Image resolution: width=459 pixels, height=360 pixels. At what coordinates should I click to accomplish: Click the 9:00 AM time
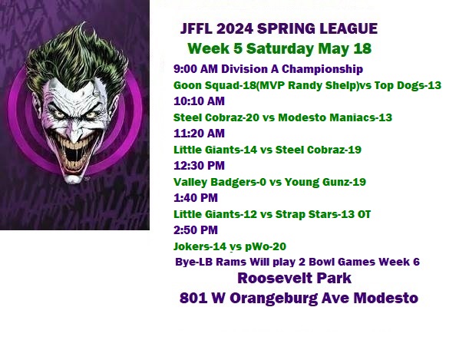click(196, 69)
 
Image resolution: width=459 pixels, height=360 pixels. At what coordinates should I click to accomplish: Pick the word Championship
click(322, 69)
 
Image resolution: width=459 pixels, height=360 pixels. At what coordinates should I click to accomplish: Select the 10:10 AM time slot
click(199, 101)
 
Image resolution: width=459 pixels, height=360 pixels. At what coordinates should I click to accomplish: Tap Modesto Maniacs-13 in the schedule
click(335, 117)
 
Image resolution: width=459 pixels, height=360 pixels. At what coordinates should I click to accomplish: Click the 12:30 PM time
click(199, 166)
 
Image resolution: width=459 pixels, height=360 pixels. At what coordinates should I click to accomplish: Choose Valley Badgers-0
click(220, 182)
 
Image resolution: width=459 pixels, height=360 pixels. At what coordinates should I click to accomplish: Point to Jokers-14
click(200, 246)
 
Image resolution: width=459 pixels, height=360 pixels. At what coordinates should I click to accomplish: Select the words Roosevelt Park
click(294, 278)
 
